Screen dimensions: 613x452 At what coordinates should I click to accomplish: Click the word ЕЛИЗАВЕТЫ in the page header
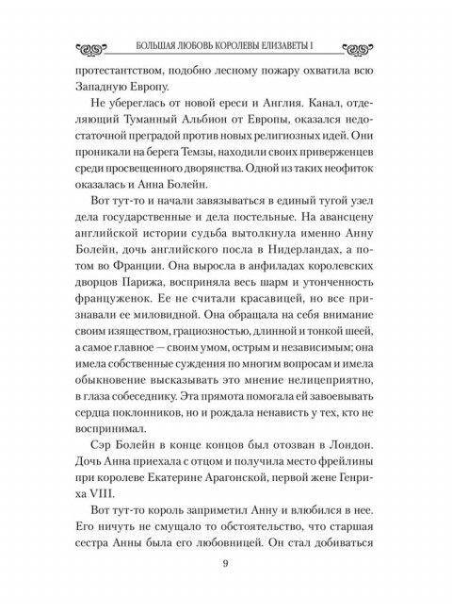click(x=302, y=46)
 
